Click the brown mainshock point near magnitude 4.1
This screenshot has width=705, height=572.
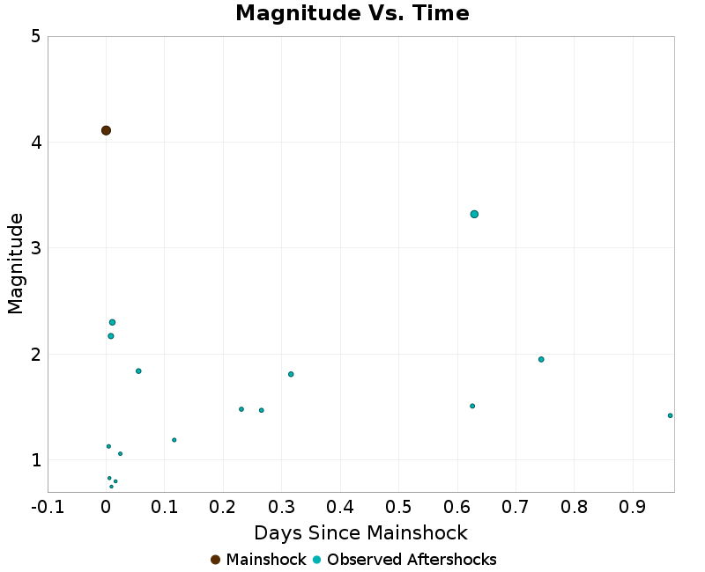pyautogui.click(x=106, y=130)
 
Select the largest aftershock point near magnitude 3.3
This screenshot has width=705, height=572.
pyautogui.click(x=474, y=214)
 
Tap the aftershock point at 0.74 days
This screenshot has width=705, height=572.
pyautogui.click(x=541, y=359)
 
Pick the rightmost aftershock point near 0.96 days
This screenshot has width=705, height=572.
pyautogui.click(x=670, y=415)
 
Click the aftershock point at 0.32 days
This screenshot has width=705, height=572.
pyautogui.click(x=291, y=374)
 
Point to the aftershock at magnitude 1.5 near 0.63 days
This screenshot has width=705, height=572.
pyautogui.click(x=472, y=406)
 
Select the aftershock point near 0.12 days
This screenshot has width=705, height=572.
pyautogui.click(x=174, y=440)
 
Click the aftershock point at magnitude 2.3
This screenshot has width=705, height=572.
pyautogui.click(x=113, y=322)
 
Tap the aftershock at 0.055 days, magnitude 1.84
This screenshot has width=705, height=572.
pyautogui.click(x=138, y=370)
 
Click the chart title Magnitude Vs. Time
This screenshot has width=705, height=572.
pyautogui.click(x=352, y=13)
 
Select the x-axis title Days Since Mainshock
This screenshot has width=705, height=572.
pyautogui.click(x=360, y=533)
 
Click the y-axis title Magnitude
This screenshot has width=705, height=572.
pyautogui.click(x=15, y=264)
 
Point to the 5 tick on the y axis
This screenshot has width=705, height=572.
pyautogui.click(x=35, y=36)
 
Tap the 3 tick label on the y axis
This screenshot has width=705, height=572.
pyautogui.click(x=35, y=248)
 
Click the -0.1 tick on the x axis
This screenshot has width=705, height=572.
pyautogui.click(x=48, y=508)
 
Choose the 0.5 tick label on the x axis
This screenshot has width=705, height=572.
pyautogui.click(x=398, y=508)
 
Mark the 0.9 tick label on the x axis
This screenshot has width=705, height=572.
pyautogui.click(x=633, y=508)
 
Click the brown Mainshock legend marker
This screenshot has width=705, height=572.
pyautogui.click(x=215, y=560)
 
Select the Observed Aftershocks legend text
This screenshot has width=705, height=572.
pyautogui.click(x=412, y=560)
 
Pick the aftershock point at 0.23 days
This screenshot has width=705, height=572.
pyautogui.click(x=241, y=409)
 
